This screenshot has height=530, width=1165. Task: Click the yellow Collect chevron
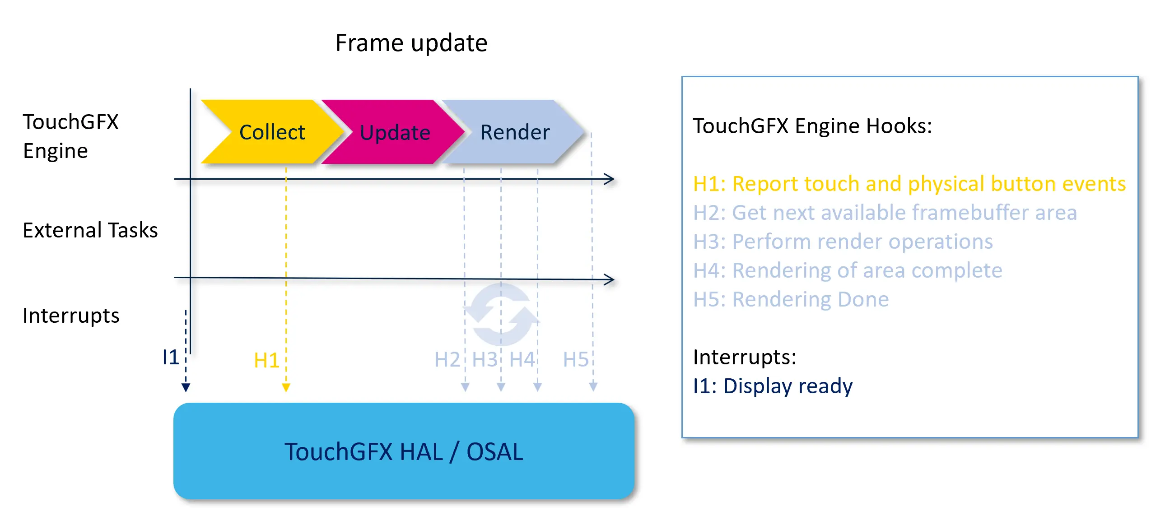272,132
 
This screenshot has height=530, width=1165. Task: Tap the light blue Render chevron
515,132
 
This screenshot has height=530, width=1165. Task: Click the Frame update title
411,43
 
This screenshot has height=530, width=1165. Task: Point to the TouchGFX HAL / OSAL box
403,451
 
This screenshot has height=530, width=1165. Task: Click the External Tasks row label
90,230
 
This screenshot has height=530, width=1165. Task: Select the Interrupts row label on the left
71,316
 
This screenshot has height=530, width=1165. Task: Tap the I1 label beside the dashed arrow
171,357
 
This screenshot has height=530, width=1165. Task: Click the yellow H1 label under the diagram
266,360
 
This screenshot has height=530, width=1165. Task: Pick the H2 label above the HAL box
447,360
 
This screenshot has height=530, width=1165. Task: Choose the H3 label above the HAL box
485,360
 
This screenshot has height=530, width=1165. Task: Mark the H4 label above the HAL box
522,360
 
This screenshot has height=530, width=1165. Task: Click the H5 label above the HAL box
575,360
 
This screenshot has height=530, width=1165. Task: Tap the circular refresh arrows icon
501,315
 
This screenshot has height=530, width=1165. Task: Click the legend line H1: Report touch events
909,184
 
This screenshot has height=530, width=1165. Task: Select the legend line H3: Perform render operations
843,242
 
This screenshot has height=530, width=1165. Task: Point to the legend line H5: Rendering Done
791,299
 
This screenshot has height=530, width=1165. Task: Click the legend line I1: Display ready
773,386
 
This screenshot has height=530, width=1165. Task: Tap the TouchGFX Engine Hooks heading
812,126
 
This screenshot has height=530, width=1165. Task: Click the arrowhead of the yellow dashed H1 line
286,387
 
